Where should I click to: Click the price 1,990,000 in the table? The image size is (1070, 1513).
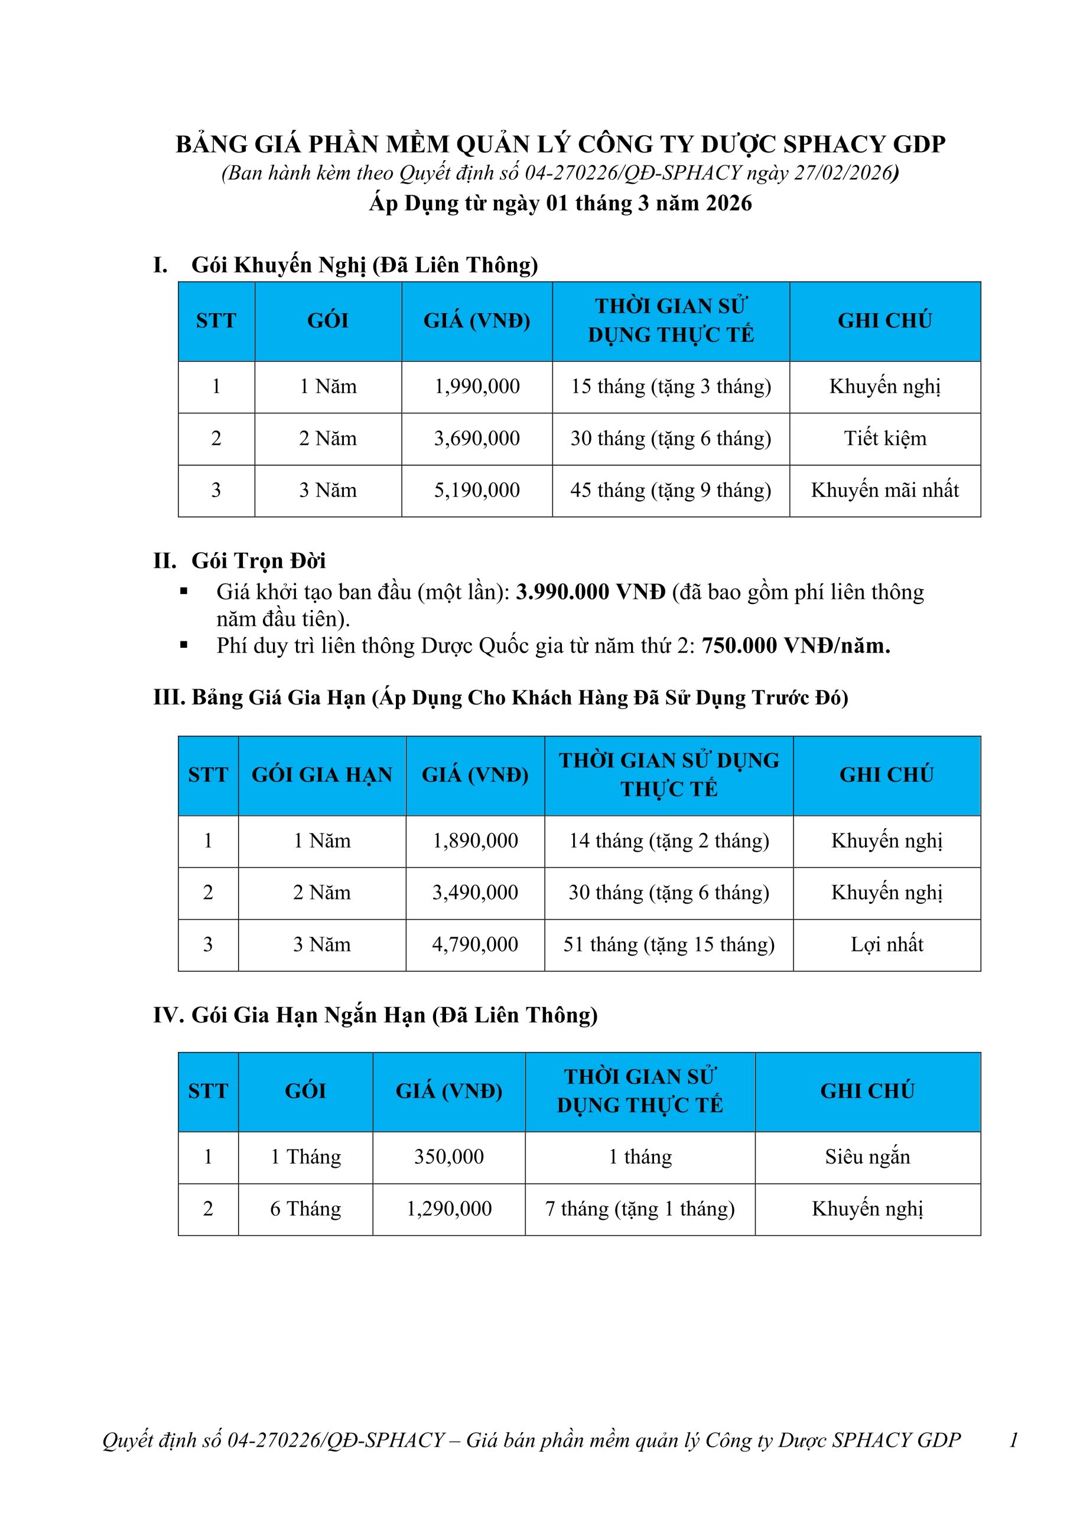pos(476,386)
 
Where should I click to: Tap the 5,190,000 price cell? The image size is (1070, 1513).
pos(476,491)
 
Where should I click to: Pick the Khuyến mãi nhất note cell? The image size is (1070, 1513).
pos(885,491)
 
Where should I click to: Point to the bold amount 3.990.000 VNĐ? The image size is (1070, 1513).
pos(590,592)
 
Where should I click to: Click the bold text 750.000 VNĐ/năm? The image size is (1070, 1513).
pos(796,646)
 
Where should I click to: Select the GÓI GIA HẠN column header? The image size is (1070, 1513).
pos(321,774)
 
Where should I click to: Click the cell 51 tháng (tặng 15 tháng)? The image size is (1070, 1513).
pos(669,944)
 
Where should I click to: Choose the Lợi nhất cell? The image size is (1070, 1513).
pos(887,944)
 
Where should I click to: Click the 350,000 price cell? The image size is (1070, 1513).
pos(448,1157)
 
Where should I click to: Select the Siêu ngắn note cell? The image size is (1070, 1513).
pos(867,1157)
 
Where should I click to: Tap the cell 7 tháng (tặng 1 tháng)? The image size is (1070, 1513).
pos(640,1209)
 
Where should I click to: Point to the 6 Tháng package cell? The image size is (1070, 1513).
pos(305,1209)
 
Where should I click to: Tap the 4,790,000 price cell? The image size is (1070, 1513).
pos(475,944)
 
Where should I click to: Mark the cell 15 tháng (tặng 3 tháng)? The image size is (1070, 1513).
pos(671,386)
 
